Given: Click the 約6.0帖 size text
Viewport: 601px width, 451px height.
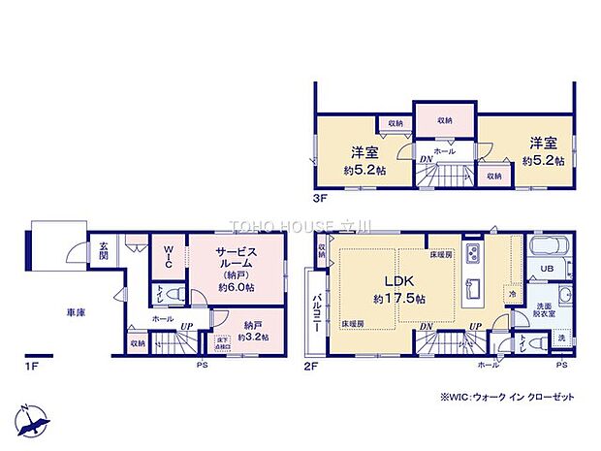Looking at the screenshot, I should tap(235, 287).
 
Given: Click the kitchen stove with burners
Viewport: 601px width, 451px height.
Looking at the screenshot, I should tap(473, 254).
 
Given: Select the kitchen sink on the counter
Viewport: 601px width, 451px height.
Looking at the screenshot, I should tap(474, 290).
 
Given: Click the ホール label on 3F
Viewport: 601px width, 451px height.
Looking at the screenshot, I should tap(444, 152).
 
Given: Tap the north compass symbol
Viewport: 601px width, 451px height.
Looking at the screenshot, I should tap(32, 418).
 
